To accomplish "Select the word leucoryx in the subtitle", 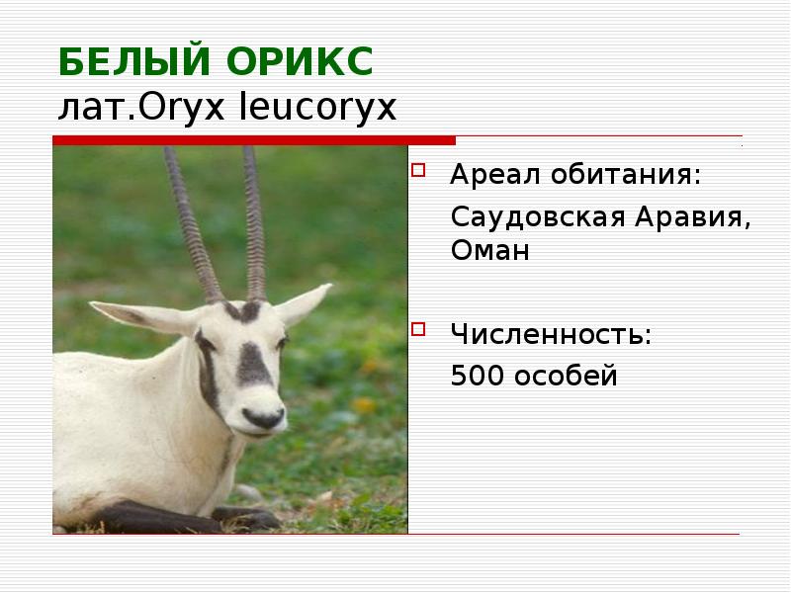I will point(318,106).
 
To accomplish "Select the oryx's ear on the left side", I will point(159,317).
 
